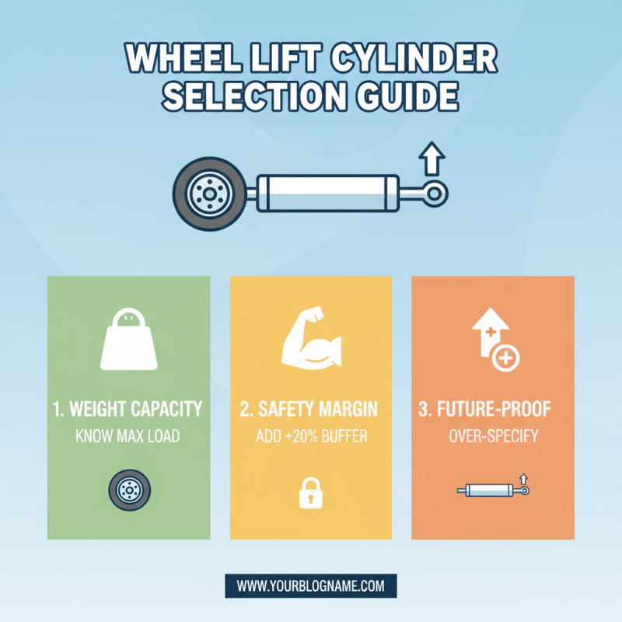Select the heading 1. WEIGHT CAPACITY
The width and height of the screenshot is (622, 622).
(x=128, y=408)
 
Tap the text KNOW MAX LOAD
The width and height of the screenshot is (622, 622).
(x=128, y=436)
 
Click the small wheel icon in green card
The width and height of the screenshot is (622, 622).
(x=128, y=490)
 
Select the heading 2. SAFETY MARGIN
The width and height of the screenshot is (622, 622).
(x=311, y=408)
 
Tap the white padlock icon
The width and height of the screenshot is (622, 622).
(x=310, y=493)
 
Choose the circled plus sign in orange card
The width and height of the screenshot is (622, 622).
(x=505, y=358)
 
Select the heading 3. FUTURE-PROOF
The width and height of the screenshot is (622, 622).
(x=493, y=408)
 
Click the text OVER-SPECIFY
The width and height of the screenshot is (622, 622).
(x=493, y=436)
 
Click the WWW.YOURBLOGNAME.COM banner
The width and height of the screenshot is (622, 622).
(x=311, y=585)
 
